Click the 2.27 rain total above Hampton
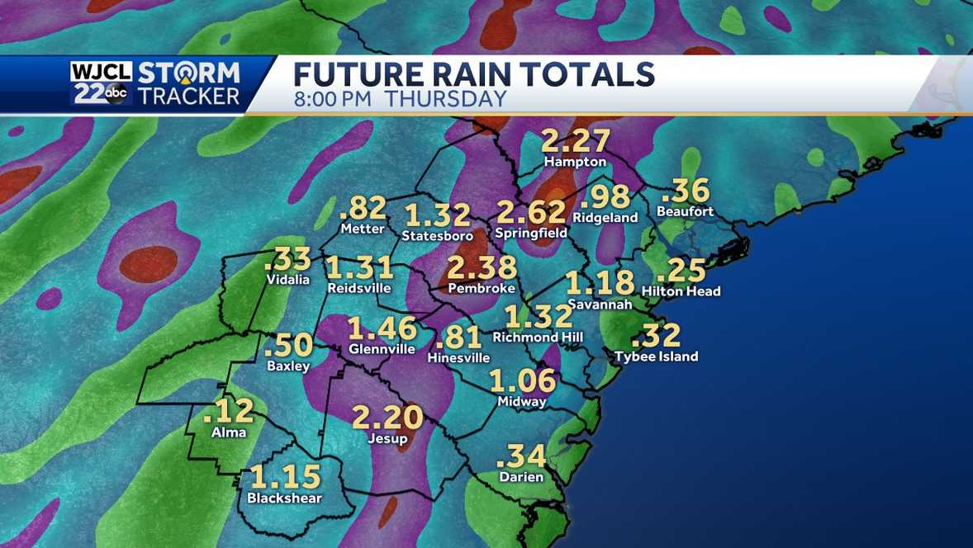click(x=576, y=141)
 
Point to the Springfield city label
click(x=530, y=234)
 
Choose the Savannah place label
click(x=600, y=304)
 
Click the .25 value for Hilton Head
click(x=682, y=271)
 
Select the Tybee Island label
click(x=657, y=357)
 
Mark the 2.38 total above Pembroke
click(x=482, y=268)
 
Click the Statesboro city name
click(x=437, y=236)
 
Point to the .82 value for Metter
click(x=363, y=209)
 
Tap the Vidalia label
click(x=287, y=279)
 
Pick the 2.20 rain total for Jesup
click(x=387, y=418)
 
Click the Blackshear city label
click(x=284, y=498)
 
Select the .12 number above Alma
click(x=228, y=412)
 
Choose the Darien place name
click(x=521, y=477)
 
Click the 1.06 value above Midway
click(x=522, y=380)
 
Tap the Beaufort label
click(x=685, y=211)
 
